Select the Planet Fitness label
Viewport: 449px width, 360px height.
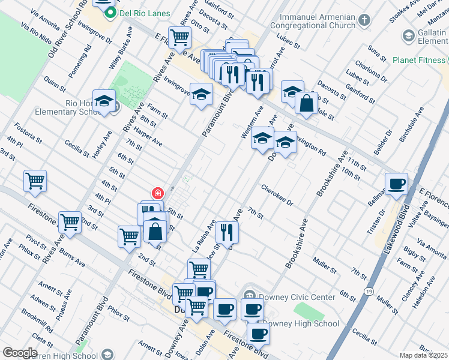pyautogui.click(x=419, y=60)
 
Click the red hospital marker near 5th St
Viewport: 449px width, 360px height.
pyautogui.click(x=157, y=193)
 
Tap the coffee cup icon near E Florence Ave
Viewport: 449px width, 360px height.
pyautogui.click(x=396, y=184)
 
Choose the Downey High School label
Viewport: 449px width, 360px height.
pyautogui.click(x=301, y=323)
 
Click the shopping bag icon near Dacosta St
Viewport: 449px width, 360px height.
pyautogui.click(x=306, y=103)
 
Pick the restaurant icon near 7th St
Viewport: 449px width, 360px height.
pyautogui.click(x=227, y=232)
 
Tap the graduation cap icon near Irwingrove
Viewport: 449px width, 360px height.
pyautogui.click(x=202, y=94)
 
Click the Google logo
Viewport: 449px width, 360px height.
pyautogui.click(x=19, y=353)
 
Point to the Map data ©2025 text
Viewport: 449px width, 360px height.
pyautogui.click(x=423, y=355)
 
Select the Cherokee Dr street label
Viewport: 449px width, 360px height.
pyautogui.click(x=277, y=196)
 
